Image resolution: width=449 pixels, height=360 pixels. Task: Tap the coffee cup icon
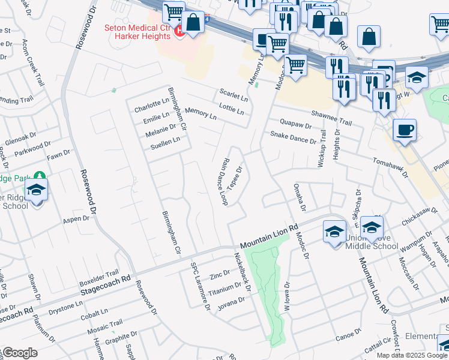coord(405,130)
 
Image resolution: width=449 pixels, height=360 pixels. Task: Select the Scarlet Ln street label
coord(234,95)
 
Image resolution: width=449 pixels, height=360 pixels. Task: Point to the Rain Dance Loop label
coord(221,182)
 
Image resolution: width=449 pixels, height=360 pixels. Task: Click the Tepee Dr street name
coord(235,177)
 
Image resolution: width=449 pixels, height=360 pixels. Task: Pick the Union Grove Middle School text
coord(372,242)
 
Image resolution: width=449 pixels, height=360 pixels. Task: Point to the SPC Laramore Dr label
coord(200,287)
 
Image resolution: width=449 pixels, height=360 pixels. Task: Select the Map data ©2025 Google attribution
coord(412,355)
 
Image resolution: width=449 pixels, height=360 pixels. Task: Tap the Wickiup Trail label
coord(322,149)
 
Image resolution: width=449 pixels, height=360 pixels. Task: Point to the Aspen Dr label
coord(76,220)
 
